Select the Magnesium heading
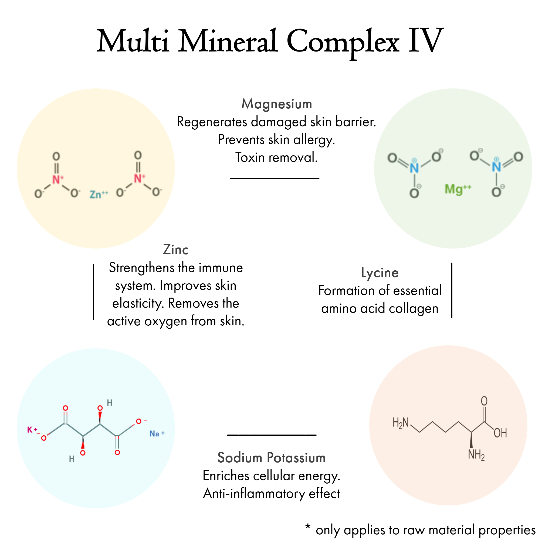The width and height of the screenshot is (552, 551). click(277, 104)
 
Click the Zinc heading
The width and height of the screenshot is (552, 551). click(176, 250)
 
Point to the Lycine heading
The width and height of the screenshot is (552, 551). click(380, 273)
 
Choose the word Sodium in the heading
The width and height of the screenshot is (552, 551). click(240, 458)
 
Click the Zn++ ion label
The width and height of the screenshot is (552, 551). click(99, 194)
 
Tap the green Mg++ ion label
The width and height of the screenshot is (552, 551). click(458, 189)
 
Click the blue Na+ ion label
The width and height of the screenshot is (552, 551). click(157, 434)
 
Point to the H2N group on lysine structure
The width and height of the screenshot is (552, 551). click(401, 423)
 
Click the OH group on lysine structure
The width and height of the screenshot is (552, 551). click(500, 433)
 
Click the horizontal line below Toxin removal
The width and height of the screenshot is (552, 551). click(275, 178)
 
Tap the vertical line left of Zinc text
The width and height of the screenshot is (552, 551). click(94, 292)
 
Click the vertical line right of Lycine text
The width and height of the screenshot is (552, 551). click(452, 291)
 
